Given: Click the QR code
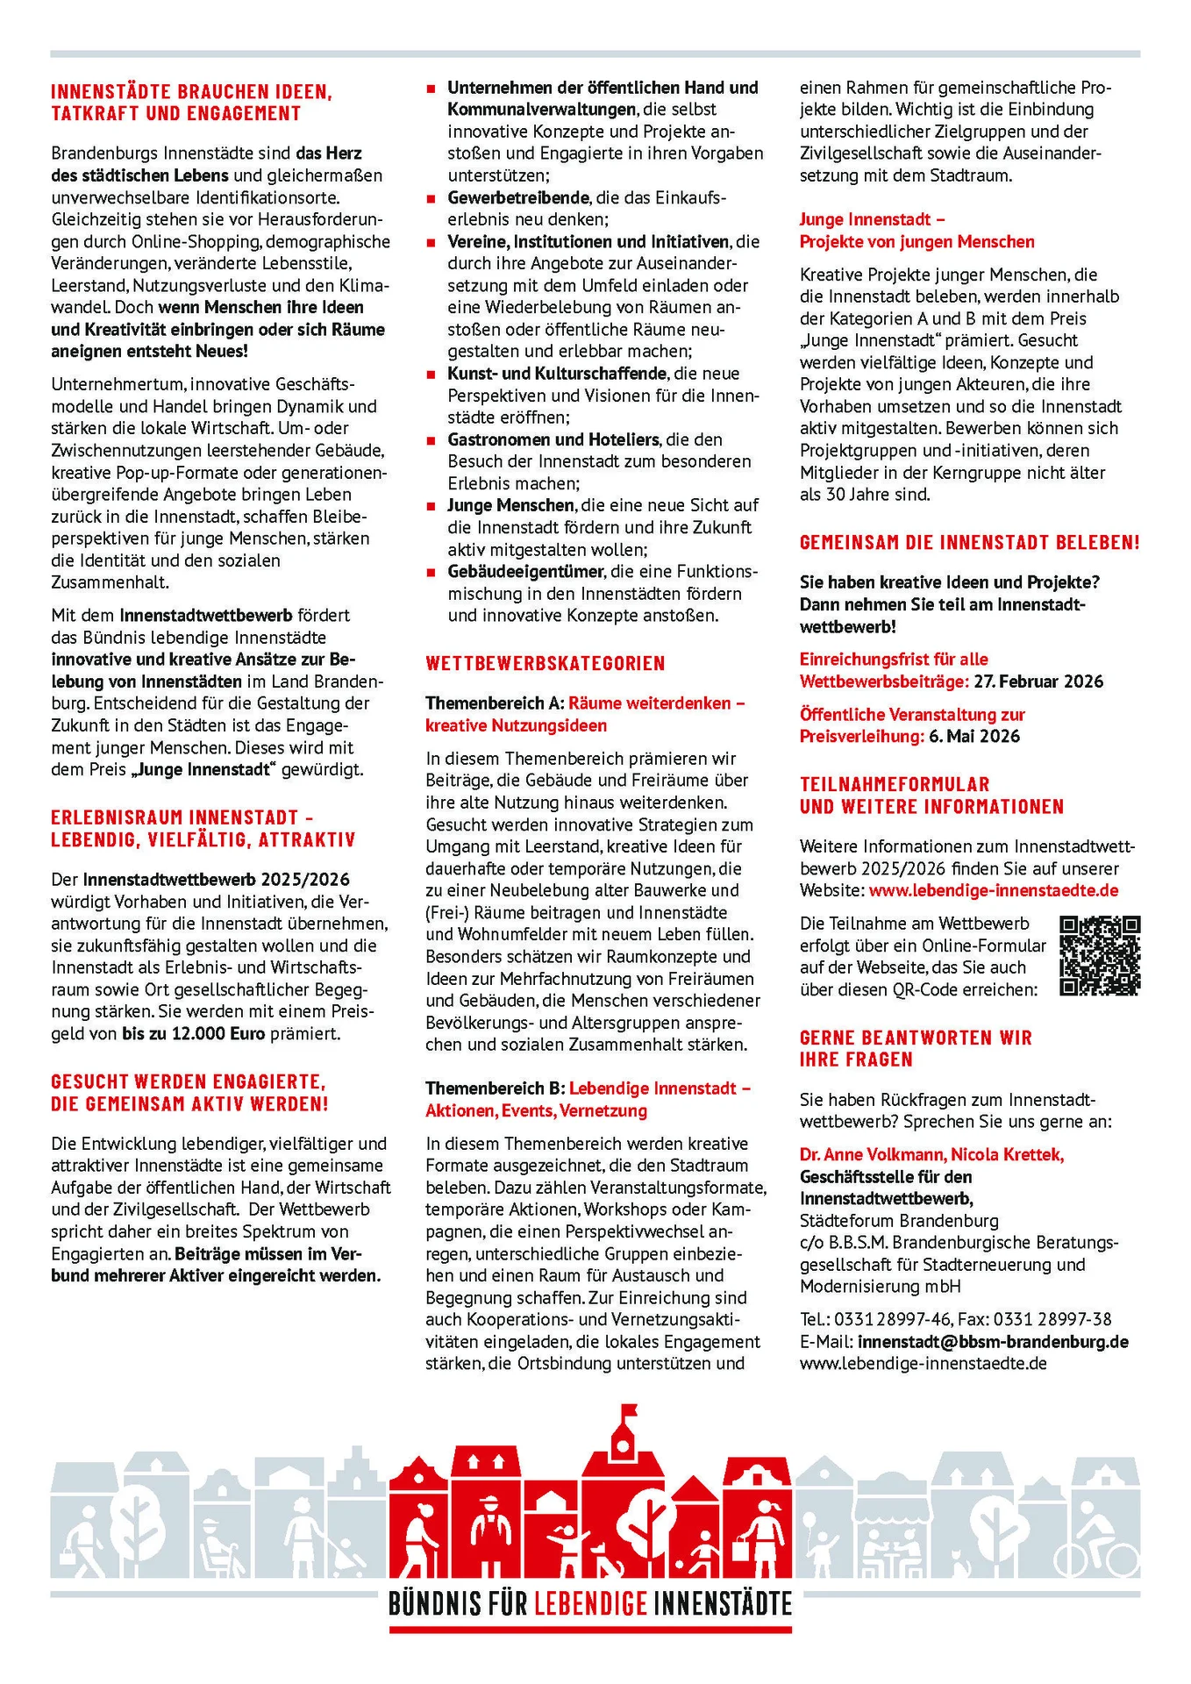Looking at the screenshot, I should click(1100, 955).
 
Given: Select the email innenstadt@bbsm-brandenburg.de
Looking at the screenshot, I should click(993, 1341).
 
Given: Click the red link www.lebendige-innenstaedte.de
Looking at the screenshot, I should click(994, 890).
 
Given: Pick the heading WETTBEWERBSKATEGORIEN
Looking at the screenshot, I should click(546, 663).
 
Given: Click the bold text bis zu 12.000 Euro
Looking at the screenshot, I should click(193, 1033).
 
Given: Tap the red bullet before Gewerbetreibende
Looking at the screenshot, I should click(431, 198).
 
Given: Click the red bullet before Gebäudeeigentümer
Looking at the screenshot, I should click(431, 572).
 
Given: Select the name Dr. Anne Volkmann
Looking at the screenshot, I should click(870, 1154).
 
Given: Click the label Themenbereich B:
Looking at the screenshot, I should click(495, 1088).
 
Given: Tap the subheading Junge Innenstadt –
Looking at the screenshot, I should click(872, 219).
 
